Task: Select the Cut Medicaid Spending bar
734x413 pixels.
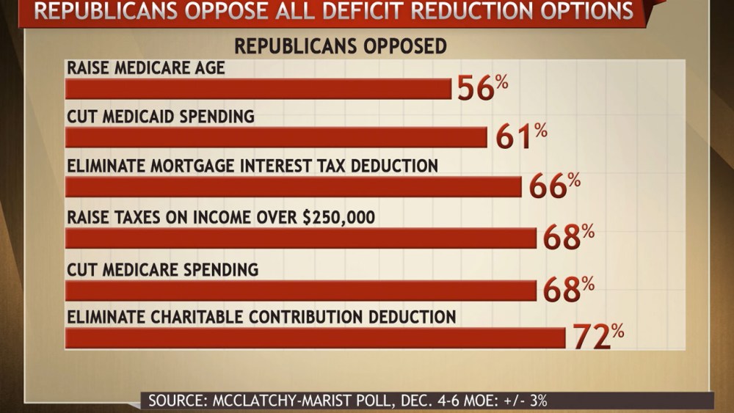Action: [276, 138]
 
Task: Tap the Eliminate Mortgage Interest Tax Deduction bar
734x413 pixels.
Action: [294, 187]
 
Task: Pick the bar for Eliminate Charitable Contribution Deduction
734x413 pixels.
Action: [316, 338]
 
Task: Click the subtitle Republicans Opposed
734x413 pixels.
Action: [340, 46]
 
